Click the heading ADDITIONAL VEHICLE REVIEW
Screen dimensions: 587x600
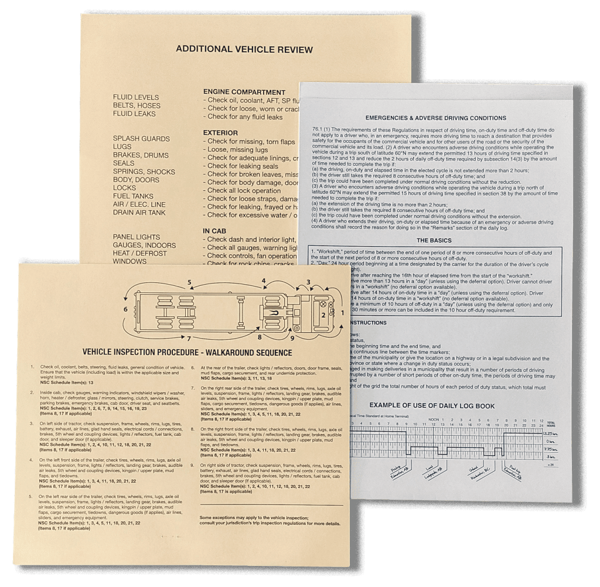[244, 49]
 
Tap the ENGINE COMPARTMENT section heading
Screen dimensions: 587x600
[244, 92]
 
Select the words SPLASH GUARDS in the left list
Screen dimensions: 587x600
[141, 139]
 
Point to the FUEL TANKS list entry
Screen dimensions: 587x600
[134, 196]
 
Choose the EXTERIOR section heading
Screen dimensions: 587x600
[220, 133]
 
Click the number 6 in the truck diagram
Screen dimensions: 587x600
[125, 309]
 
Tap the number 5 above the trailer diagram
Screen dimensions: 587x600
[189, 282]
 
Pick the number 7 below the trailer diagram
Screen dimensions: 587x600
[188, 338]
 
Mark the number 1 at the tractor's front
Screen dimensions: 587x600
[343, 313]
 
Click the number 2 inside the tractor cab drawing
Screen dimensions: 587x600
[322, 315]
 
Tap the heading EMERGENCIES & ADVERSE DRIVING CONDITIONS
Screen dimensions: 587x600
[435, 118]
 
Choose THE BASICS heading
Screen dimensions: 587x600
[434, 241]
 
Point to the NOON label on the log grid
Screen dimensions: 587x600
[434, 419]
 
